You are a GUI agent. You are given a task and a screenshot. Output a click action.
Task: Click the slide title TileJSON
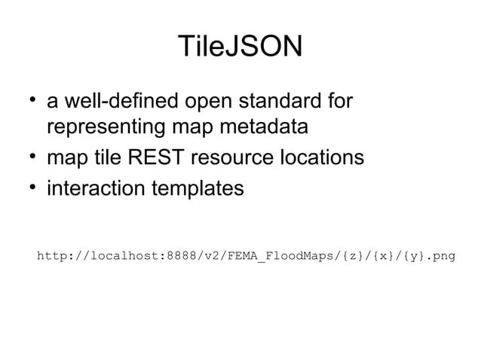coord(240,47)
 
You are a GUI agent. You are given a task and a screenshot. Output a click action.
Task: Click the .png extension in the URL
coord(441,256)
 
